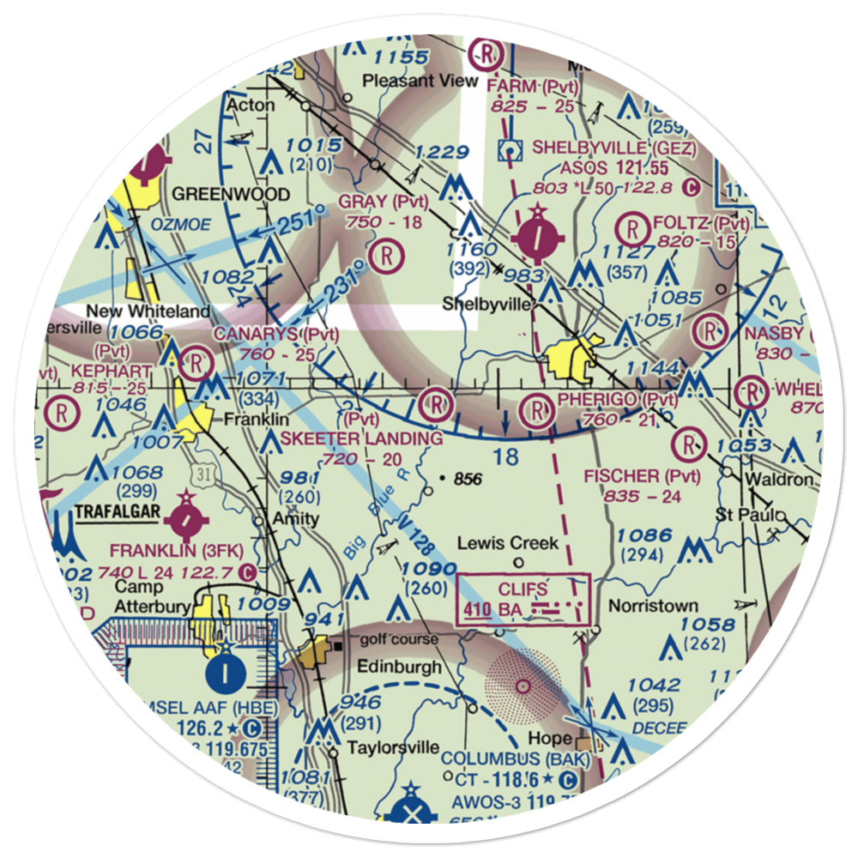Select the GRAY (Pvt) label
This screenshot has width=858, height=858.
point(383,202)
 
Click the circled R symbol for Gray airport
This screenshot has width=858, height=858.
point(388,254)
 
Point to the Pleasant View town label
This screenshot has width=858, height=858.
point(420,82)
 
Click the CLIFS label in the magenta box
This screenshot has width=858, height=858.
point(522,589)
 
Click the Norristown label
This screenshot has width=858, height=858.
point(653,606)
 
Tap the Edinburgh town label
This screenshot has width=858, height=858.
point(400,667)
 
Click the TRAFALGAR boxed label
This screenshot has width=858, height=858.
point(118,512)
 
